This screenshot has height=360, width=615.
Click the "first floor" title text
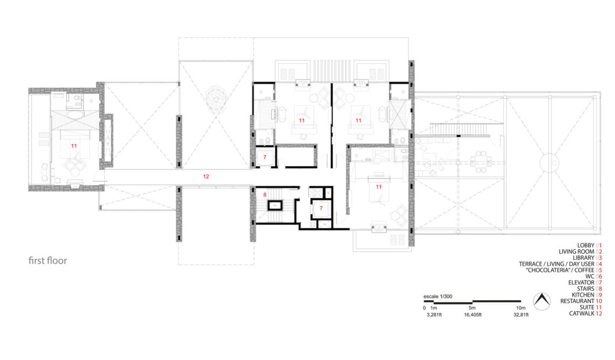(x=48, y=261)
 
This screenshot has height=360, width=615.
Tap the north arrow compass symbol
(x=542, y=301)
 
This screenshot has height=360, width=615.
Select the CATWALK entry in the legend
(x=585, y=314)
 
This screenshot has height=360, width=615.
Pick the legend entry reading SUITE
(x=590, y=308)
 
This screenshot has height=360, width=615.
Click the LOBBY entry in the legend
(x=589, y=246)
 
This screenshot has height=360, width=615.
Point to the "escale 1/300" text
(x=438, y=296)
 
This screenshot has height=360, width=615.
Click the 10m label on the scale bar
(x=521, y=308)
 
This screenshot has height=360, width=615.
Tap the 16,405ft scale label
(x=473, y=315)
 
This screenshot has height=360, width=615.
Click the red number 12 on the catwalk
(x=206, y=176)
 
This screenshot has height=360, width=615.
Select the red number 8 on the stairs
(x=265, y=195)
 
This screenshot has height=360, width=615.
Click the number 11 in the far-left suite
(x=74, y=146)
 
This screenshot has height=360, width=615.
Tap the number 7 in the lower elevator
(x=321, y=208)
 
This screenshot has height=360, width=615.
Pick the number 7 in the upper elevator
(x=265, y=158)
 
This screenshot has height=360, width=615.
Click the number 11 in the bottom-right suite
(x=379, y=187)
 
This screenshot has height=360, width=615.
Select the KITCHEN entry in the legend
(x=586, y=295)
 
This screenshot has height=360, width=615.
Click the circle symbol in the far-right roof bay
(x=549, y=162)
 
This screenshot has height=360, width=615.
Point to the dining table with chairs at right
(x=481, y=161)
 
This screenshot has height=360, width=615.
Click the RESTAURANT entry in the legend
(x=581, y=301)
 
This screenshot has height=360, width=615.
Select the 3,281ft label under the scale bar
(x=434, y=315)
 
